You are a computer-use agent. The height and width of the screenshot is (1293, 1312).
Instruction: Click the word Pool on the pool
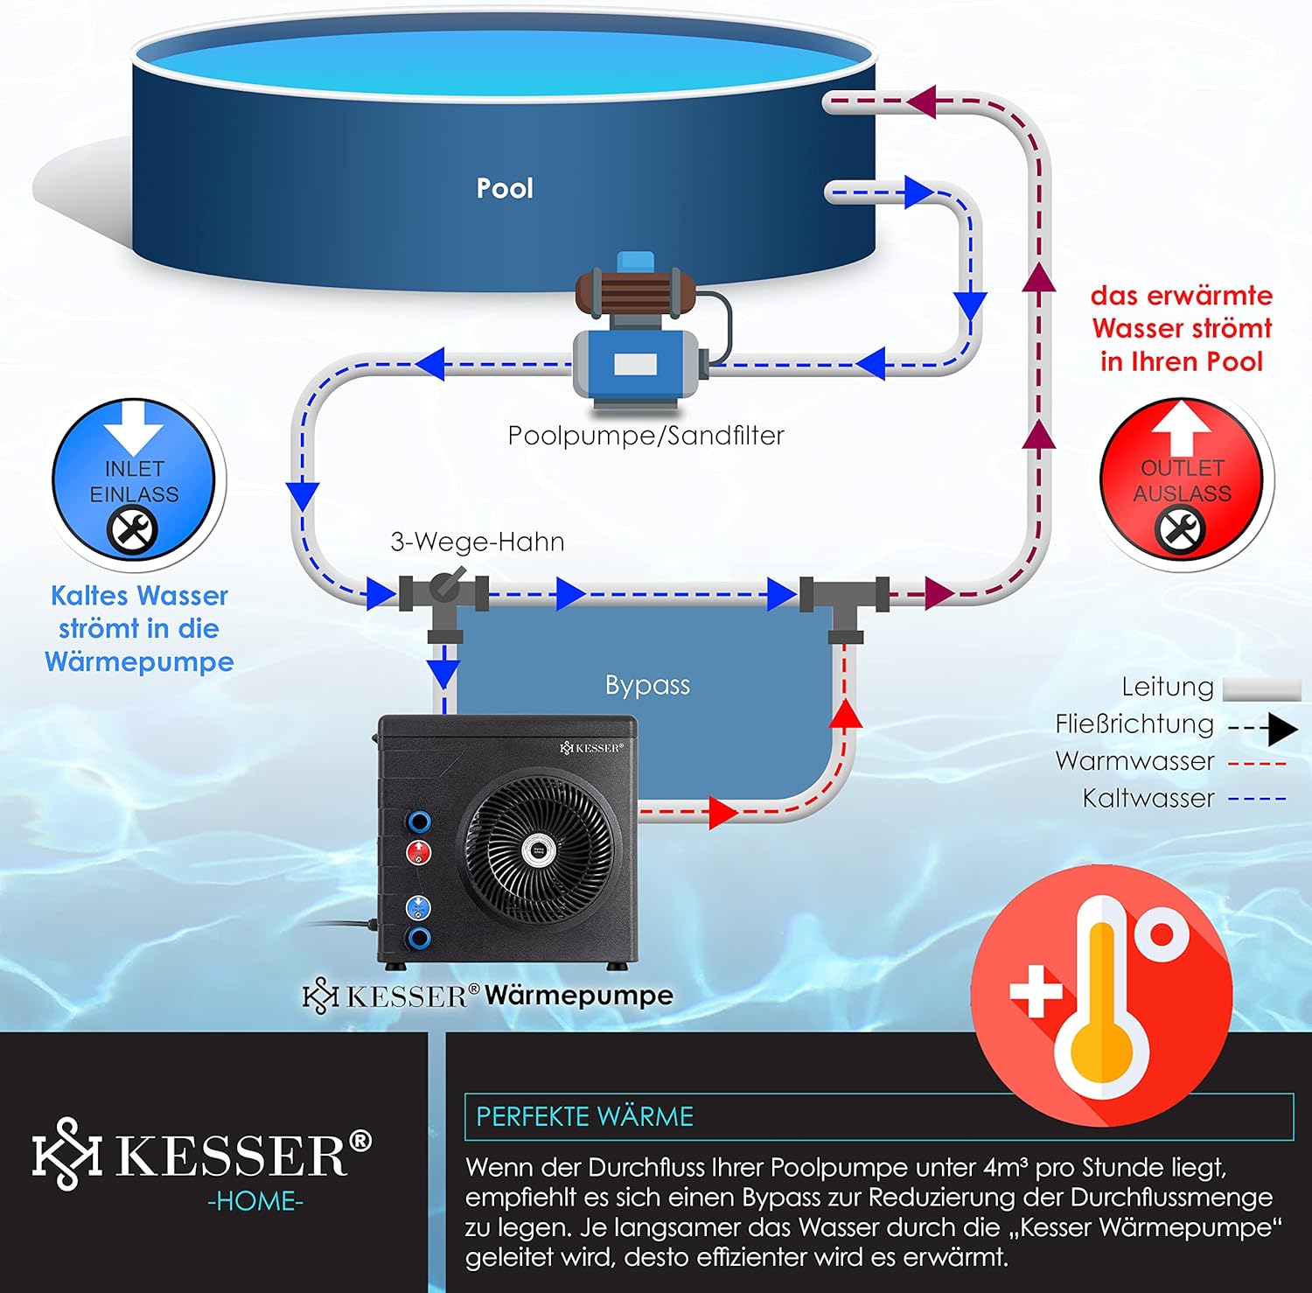(505, 188)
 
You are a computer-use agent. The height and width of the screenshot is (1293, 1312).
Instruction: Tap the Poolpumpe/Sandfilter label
(646, 436)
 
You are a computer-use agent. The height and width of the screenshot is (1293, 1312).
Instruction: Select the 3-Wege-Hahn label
(477, 542)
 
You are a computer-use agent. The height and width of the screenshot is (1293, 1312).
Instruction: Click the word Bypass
(647, 685)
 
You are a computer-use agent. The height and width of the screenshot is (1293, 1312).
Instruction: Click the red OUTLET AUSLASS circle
(1182, 479)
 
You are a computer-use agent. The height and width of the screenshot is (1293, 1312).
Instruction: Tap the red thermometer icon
(1101, 993)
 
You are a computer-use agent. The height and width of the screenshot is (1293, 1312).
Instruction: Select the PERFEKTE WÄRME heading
(584, 1117)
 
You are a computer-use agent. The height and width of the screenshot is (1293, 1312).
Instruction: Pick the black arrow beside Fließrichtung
(1281, 728)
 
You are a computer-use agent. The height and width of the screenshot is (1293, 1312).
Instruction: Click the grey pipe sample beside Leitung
(1261, 689)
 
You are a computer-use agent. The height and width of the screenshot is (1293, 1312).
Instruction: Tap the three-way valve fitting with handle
(444, 592)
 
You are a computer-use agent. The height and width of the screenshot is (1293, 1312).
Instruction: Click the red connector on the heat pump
(419, 851)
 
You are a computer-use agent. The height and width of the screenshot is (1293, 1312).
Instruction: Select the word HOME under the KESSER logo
(255, 1202)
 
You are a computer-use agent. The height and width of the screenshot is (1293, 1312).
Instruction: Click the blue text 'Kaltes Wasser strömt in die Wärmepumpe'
(139, 629)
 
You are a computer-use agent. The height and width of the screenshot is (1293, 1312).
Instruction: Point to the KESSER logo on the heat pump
(591, 748)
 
